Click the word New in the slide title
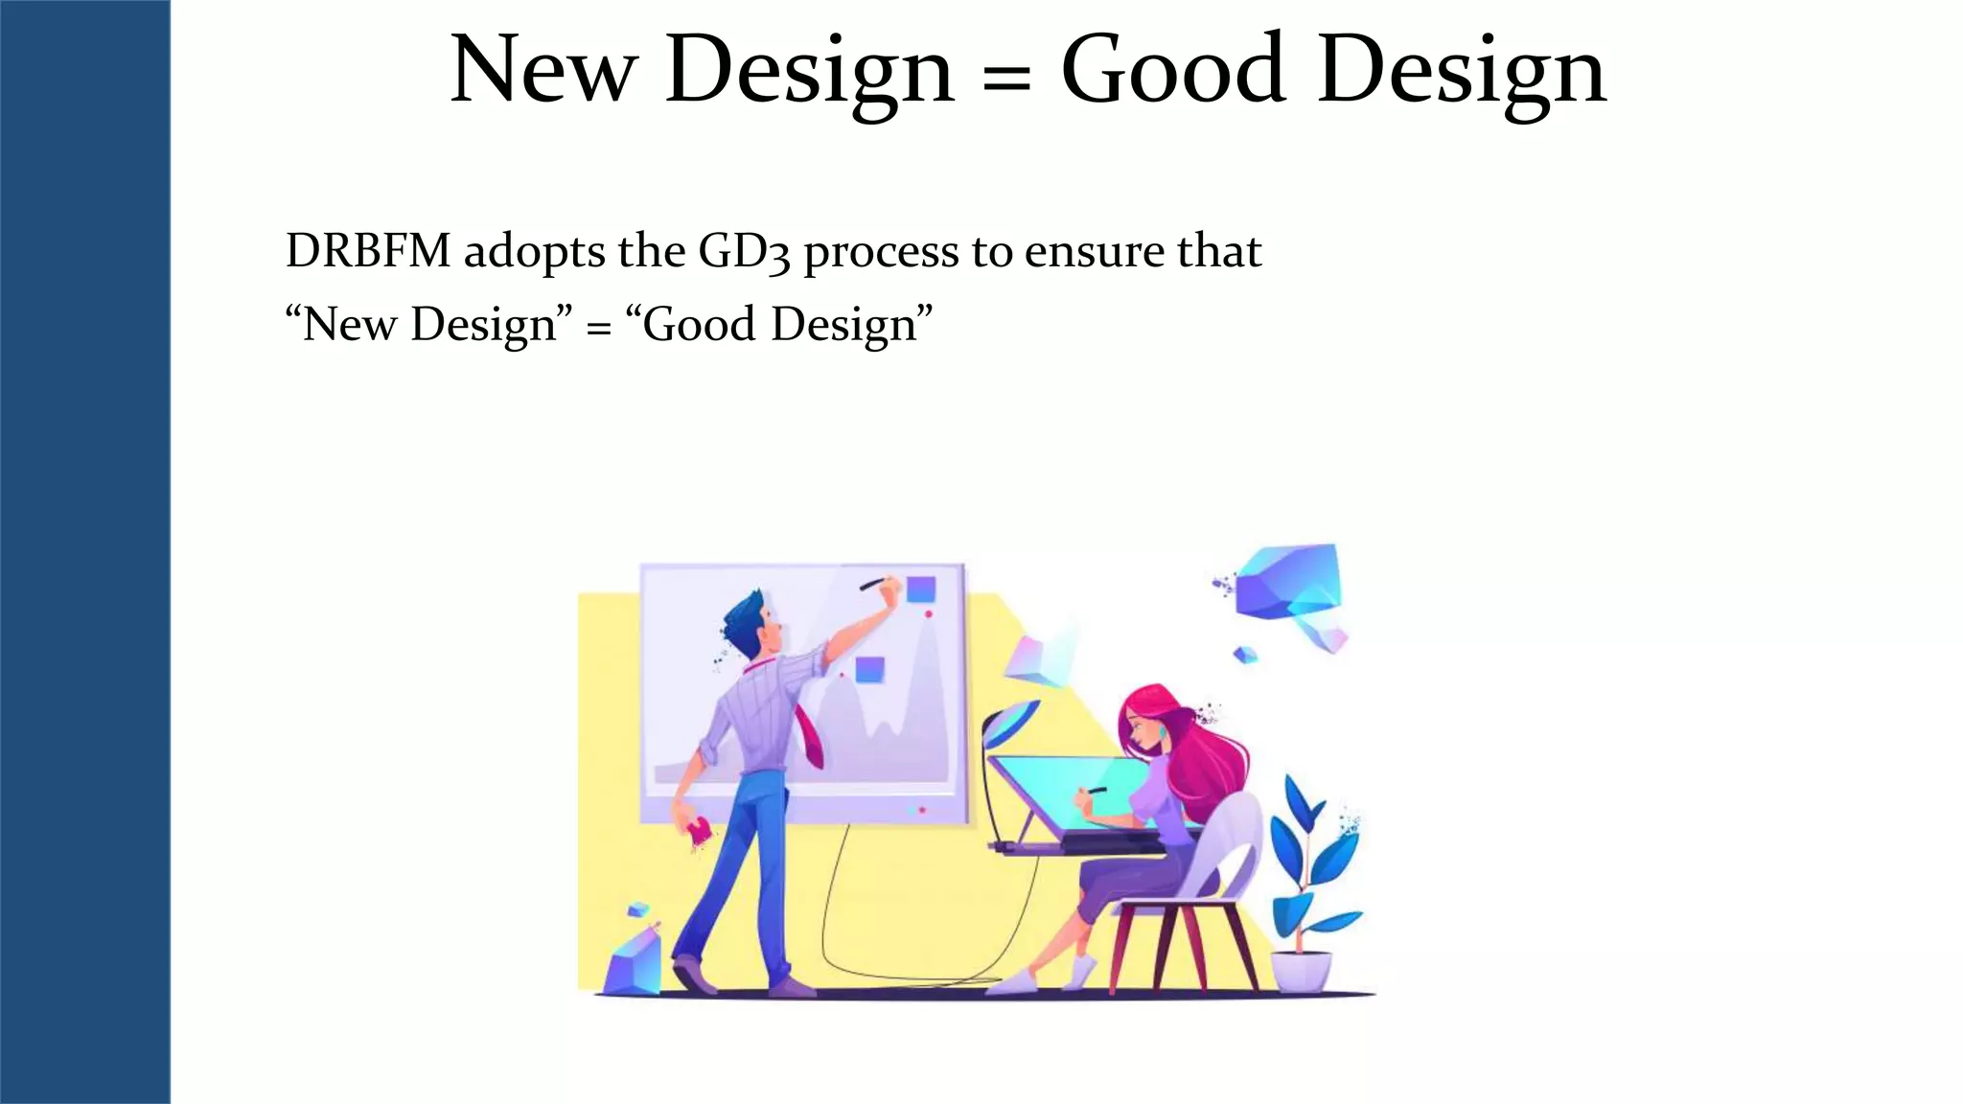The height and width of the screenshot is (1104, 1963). pos(543,71)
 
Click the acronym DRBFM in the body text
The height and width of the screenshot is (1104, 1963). pos(368,251)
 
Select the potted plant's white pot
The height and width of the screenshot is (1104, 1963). pos(1301,970)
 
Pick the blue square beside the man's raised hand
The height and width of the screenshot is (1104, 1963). pos(921,589)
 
